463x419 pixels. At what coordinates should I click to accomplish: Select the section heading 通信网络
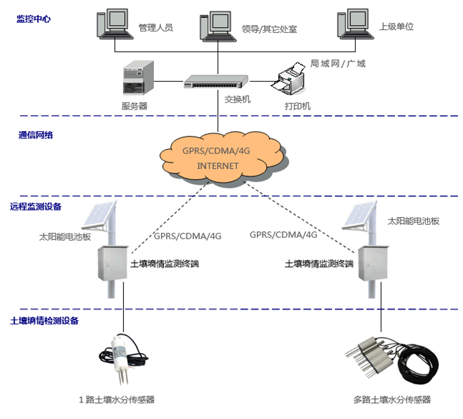(35, 135)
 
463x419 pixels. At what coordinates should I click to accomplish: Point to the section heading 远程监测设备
(36, 206)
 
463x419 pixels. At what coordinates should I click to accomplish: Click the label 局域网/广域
(338, 64)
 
